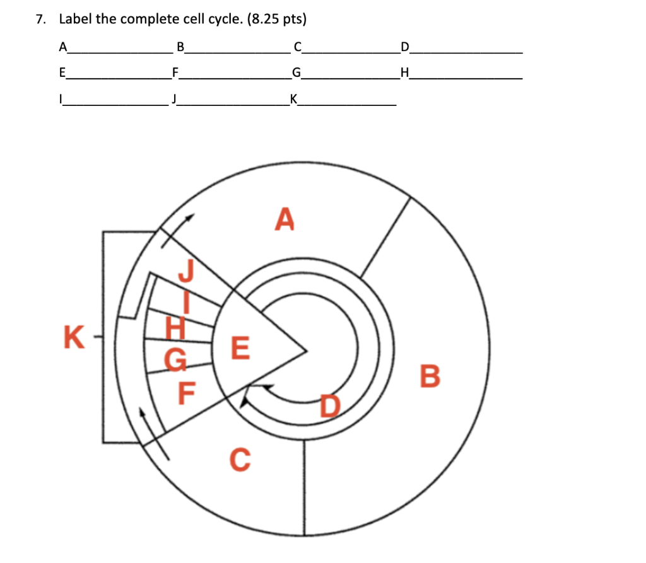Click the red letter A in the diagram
pos(285,219)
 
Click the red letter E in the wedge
pos(240,348)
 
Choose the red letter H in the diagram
pos(175,328)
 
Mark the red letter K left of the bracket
pos(74,337)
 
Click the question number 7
pos(40,20)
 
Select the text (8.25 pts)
pos(277,20)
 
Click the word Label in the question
pos(75,20)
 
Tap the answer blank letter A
pos(62,47)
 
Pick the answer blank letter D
pos(404,47)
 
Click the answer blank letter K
pos(294,99)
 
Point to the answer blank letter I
pos(61,99)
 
